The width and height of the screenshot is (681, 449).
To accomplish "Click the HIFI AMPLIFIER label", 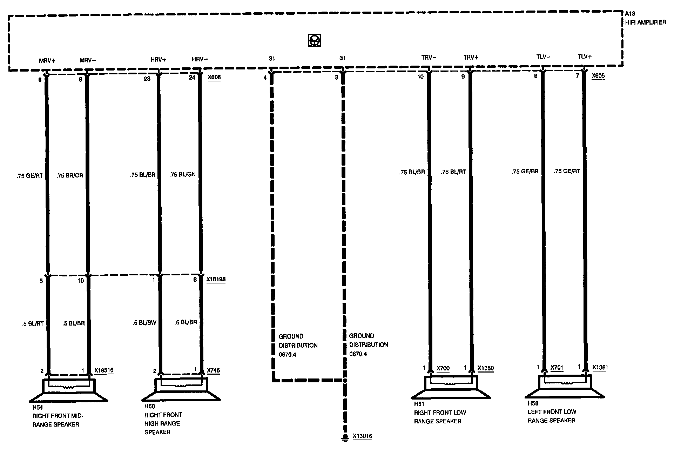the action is click(645, 22).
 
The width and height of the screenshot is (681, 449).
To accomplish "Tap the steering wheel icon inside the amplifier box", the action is click(315, 41).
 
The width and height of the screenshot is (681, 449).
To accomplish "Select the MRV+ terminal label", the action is click(47, 60).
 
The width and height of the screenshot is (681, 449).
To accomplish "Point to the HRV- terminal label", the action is click(200, 59).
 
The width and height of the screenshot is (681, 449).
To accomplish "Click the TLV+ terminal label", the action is click(585, 56).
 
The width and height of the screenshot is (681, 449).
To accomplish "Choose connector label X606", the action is click(214, 77).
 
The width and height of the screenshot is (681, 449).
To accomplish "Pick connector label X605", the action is click(598, 76).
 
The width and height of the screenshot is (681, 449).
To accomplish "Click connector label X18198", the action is click(216, 280).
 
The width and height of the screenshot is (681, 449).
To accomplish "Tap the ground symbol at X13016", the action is click(345, 437).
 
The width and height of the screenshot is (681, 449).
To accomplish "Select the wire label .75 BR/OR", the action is click(70, 175).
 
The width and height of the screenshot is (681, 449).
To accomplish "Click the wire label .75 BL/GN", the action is click(182, 174).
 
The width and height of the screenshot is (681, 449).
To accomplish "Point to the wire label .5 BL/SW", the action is click(144, 323).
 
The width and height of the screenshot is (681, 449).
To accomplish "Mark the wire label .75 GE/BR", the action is click(525, 172).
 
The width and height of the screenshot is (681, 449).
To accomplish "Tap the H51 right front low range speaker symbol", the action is click(451, 387).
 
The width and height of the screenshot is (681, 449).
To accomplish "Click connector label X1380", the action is click(486, 368).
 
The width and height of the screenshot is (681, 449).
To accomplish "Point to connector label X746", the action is click(213, 370).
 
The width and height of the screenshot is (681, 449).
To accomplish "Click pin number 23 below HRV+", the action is click(147, 79).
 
